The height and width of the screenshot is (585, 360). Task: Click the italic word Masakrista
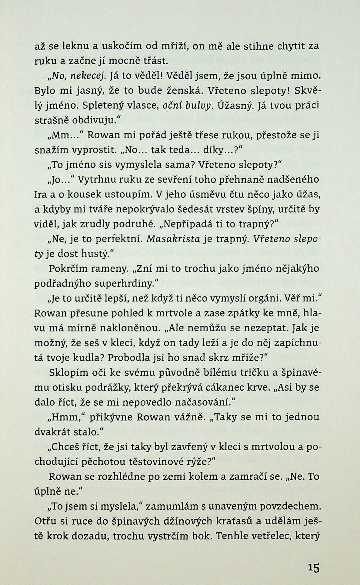click(x=173, y=239)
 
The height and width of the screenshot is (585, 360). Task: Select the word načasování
click(x=201, y=402)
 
